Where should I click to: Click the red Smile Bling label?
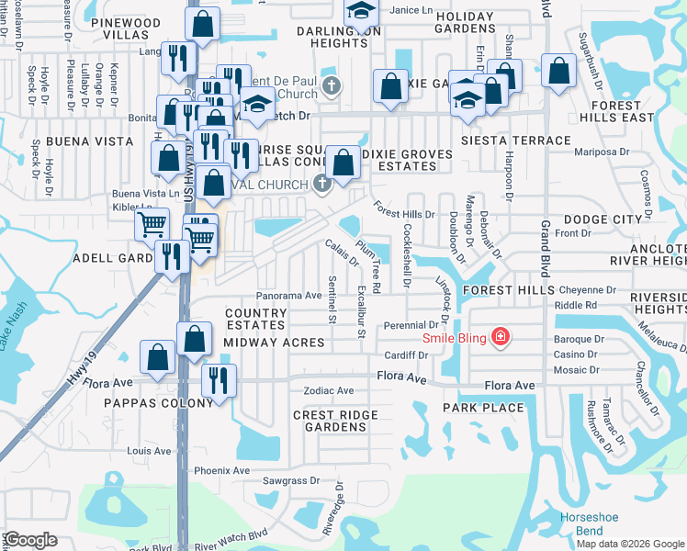[x=453, y=337]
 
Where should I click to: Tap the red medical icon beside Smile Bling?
[x=500, y=337]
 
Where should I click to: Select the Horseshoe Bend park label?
[x=581, y=524]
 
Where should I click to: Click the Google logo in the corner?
[x=29, y=540]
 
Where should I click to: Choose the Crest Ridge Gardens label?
[x=335, y=422]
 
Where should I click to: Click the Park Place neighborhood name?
[x=483, y=407]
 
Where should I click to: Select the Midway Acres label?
[x=274, y=343]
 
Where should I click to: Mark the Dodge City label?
[x=603, y=219]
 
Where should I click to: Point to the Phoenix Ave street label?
[x=221, y=471]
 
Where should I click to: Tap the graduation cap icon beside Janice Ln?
[x=362, y=11]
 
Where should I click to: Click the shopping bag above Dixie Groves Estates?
[x=343, y=163]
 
